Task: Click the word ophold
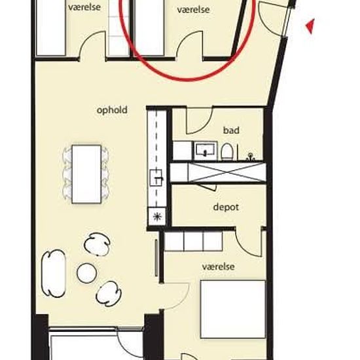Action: click(x=112, y=110)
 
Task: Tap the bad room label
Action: click(x=231, y=130)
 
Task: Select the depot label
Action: click(x=226, y=207)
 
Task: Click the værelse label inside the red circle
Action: click(x=193, y=10)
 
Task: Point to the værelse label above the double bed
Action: click(x=219, y=266)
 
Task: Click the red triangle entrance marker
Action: click(x=310, y=26)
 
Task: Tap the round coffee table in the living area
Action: click(x=86, y=273)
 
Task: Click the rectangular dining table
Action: click(x=86, y=174)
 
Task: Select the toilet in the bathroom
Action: click(x=227, y=152)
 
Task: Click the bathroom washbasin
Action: click(x=206, y=151)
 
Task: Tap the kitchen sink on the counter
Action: click(x=156, y=177)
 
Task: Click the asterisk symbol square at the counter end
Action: click(x=157, y=216)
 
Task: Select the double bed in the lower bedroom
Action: click(x=233, y=309)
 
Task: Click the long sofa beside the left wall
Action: click(x=54, y=274)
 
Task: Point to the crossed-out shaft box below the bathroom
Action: click(x=226, y=172)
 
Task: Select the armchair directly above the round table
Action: click(x=97, y=244)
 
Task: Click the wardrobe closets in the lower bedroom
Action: click(x=193, y=241)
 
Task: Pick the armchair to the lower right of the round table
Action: click(x=109, y=294)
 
